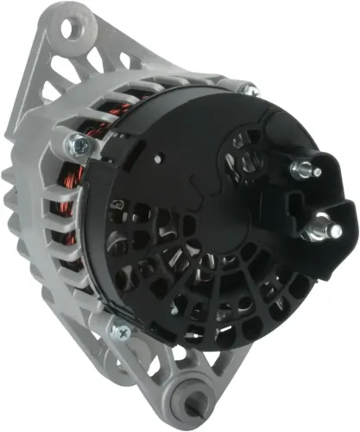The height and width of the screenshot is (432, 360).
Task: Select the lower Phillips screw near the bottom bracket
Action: tap(120, 331)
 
